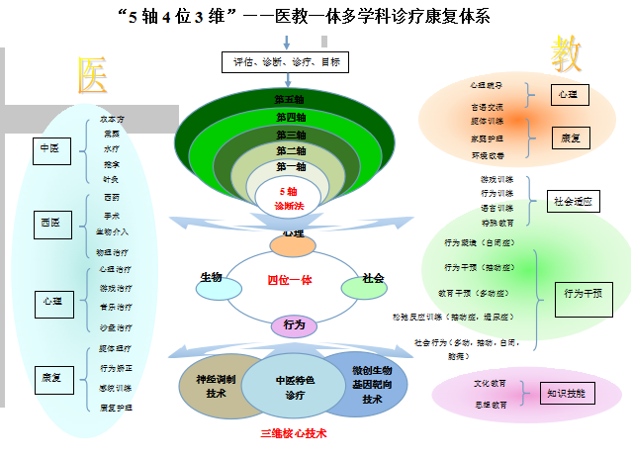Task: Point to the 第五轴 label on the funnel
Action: [290, 99]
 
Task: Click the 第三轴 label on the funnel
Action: [290, 135]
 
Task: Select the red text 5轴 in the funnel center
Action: [288, 191]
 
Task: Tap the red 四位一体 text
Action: [290, 280]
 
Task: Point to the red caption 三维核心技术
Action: [293, 433]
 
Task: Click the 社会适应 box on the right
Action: [574, 202]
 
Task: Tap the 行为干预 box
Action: [584, 293]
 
